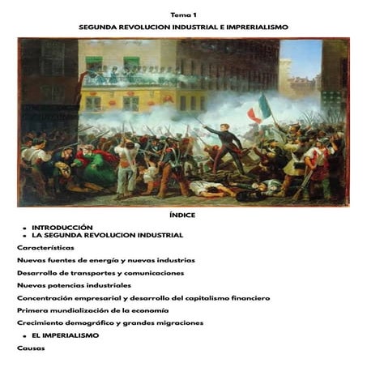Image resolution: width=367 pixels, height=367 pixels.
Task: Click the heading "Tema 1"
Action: click(x=183, y=15)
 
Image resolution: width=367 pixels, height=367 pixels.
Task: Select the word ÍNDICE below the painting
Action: click(x=183, y=216)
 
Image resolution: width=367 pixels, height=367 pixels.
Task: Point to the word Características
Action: click(x=45, y=247)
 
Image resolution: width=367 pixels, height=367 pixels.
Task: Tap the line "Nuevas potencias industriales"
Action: click(x=74, y=285)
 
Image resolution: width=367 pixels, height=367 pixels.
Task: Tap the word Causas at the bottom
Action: click(x=31, y=348)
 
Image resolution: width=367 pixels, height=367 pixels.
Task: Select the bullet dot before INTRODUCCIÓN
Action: click(x=25, y=228)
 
